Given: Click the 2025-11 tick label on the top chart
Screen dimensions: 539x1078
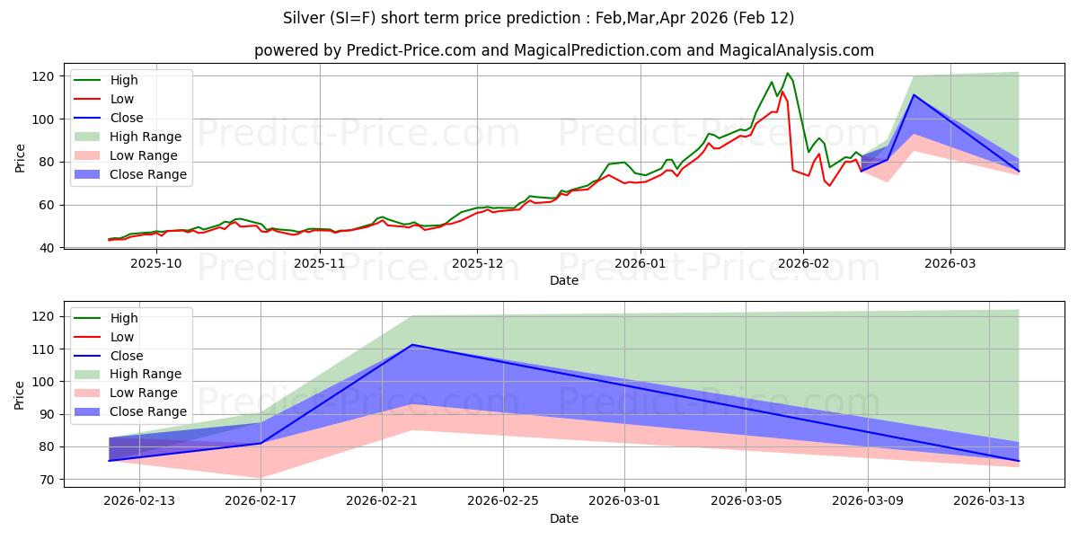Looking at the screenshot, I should click(319, 263).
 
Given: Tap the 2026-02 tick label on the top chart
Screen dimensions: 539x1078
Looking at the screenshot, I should click(803, 263).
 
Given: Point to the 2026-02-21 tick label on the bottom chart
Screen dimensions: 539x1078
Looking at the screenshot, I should click(382, 500).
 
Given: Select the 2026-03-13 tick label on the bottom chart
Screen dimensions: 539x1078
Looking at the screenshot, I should click(989, 500).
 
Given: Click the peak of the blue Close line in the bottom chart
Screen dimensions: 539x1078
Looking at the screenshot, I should click(412, 345).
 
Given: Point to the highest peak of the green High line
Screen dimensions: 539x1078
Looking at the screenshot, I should click(787, 74).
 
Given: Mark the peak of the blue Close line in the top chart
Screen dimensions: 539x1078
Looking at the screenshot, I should click(914, 95).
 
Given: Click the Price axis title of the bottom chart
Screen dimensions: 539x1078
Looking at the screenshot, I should click(20, 393).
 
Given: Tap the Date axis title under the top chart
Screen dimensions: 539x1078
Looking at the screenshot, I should click(564, 281).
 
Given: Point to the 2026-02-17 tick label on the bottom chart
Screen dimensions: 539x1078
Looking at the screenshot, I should click(261, 500).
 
